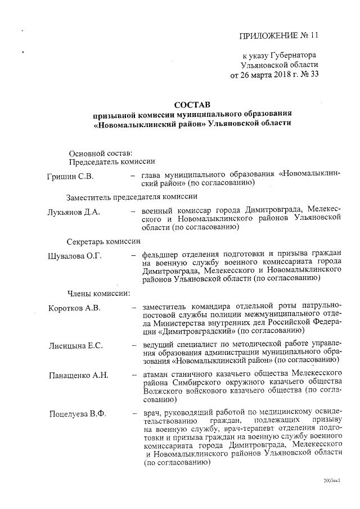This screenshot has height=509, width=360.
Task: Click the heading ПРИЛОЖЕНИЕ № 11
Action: (x=279, y=35)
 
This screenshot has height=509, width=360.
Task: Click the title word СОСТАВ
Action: (x=192, y=105)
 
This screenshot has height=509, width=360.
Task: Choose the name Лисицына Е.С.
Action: (x=76, y=345)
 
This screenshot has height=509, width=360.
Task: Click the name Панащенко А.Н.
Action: (x=78, y=375)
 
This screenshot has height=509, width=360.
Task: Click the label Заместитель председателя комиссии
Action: (x=132, y=196)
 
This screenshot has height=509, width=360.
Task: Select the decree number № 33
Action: (x=308, y=75)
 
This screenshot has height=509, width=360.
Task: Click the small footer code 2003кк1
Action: (x=332, y=481)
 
